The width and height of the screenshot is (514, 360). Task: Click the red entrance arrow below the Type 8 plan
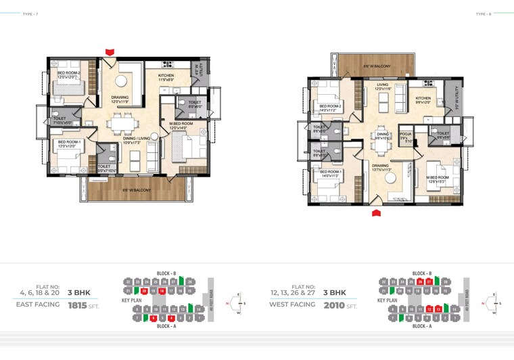coord(377,213)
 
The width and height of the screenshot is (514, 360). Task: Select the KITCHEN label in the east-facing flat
coord(167,76)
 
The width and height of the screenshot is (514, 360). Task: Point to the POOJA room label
coord(406,134)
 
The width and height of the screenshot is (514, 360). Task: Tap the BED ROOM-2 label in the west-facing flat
coord(331,106)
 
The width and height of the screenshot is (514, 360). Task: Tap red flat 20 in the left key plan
coord(144,290)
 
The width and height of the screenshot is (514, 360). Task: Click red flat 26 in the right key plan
coord(420,282)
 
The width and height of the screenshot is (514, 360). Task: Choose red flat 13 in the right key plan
coord(438,309)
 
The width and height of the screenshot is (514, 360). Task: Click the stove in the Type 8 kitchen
coord(427,84)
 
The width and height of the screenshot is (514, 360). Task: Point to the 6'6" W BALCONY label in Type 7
coord(136,190)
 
